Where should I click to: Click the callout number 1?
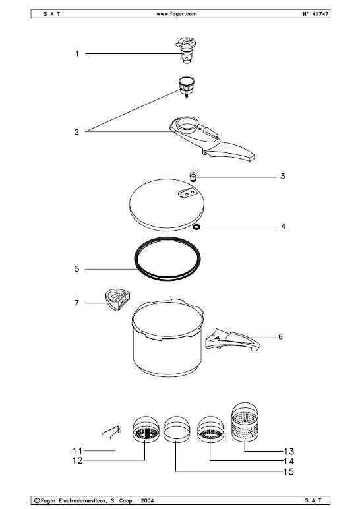click(77, 53)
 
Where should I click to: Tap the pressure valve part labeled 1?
click(186, 50)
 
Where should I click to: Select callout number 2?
click(76, 132)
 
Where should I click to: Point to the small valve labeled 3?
click(193, 176)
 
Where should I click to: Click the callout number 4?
click(283, 226)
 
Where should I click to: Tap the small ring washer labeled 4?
click(196, 227)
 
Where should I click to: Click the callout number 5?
click(77, 269)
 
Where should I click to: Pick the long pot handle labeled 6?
click(233, 341)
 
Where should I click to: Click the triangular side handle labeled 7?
click(117, 299)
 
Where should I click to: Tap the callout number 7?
click(76, 303)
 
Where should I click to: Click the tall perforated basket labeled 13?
click(245, 423)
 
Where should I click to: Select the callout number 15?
click(289, 471)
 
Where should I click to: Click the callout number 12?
click(78, 461)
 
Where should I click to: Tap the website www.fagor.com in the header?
click(177, 14)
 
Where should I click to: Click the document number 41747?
click(320, 14)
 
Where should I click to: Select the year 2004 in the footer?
click(148, 500)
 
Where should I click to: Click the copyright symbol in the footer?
click(37, 500)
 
